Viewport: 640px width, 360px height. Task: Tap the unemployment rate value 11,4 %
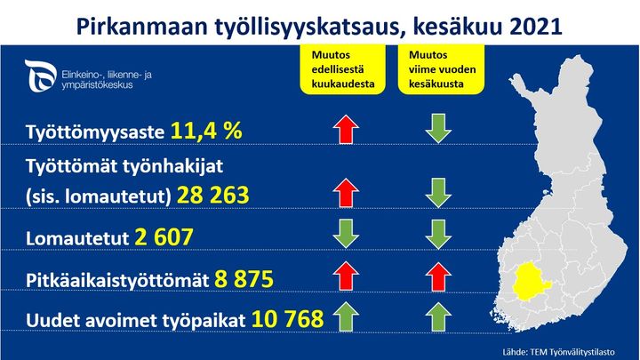click(206, 131)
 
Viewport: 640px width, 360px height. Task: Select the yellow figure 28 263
click(212, 195)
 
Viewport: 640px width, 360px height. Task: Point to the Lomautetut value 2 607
click(164, 237)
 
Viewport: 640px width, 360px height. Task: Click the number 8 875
click(244, 279)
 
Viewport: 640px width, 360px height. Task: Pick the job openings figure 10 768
click(287, 319)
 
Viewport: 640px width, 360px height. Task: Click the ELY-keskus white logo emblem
click(40, 76)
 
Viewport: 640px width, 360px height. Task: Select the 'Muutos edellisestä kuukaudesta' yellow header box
click(343, 69)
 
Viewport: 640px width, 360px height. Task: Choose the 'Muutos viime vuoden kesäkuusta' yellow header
click(441, 69)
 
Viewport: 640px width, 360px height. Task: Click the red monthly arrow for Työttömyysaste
click(346, 129)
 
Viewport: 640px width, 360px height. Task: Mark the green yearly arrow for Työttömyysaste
click(438, 129)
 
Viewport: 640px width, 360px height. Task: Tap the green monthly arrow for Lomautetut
click(346, 234)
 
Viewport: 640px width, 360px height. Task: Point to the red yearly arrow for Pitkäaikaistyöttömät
click(438, 276)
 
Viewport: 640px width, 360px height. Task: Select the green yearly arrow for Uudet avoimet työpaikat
click(438, 316)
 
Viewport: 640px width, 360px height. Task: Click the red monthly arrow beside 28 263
click(346, 192)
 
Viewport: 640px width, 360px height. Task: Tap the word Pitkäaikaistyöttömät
click(117, 280)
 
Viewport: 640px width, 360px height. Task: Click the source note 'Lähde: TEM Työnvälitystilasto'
click(558, 352)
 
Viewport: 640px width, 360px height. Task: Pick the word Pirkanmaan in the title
click(143, 27)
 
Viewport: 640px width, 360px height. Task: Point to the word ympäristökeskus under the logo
click(97, 85)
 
